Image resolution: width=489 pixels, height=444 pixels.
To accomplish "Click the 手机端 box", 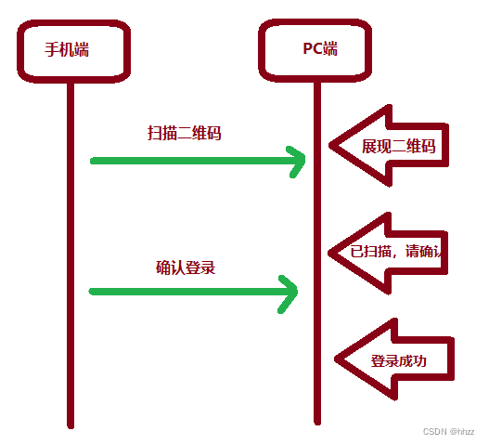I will coord(70,48).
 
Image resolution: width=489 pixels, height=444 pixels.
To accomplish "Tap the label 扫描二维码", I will coord(185,133).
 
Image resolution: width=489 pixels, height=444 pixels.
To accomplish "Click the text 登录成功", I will coord(399,361).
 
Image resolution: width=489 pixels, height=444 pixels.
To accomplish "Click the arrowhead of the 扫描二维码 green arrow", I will coord(302,161).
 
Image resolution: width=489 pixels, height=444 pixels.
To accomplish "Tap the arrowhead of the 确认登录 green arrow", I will coord(294,291).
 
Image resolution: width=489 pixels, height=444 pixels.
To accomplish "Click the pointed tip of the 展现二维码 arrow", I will coord(328,146).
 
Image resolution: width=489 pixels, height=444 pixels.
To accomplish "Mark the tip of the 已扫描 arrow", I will coord(328,251).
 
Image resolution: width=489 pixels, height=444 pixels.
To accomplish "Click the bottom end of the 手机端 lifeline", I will coord(70,424).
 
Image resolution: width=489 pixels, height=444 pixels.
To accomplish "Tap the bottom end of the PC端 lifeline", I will coord(316,421).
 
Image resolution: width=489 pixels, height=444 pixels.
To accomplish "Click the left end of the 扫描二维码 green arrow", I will coord(93,161).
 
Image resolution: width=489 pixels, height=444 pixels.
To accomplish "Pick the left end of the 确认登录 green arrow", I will coord(93,291).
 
